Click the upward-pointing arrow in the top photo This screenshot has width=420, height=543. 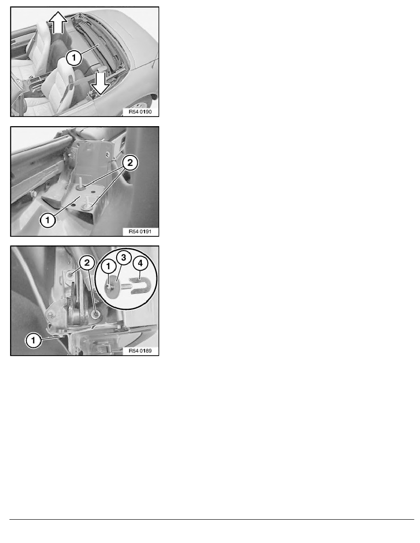58,22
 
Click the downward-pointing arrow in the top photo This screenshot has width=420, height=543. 101,83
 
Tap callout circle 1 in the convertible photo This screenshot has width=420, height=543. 74,58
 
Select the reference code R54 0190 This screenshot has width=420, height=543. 140,112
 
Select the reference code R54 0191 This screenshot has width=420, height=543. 140,231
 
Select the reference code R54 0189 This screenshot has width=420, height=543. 140,351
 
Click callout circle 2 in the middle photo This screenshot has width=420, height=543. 130,162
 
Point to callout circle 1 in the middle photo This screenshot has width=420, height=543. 48,219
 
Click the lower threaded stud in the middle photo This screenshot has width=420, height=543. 87,203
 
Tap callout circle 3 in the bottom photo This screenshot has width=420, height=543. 124,258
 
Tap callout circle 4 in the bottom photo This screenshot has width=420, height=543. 140,263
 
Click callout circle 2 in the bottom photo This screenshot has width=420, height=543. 87,262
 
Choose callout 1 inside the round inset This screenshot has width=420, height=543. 108,266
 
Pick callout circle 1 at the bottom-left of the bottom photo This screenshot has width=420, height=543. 33,340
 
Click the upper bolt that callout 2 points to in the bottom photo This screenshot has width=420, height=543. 70,275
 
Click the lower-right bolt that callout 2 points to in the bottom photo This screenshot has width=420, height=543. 95,314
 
